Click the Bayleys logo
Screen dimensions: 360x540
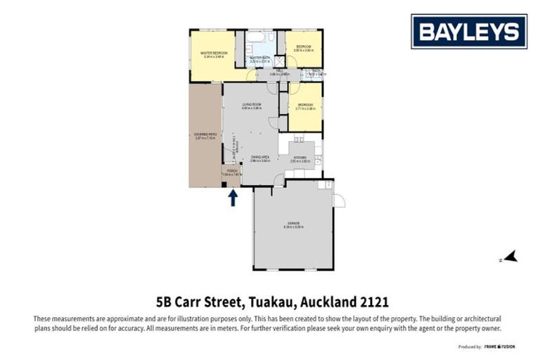point(469,32)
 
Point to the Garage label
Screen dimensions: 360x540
point(292,224)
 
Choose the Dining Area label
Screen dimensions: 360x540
point(260,157)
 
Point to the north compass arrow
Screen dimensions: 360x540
point(511,257)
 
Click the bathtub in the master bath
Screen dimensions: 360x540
point(255,37)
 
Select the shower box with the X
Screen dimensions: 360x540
point(279,60)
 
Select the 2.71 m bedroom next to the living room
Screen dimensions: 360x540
point(306,106)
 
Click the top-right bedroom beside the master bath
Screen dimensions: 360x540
point(304,48)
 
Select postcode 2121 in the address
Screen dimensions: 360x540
point(373,302)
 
